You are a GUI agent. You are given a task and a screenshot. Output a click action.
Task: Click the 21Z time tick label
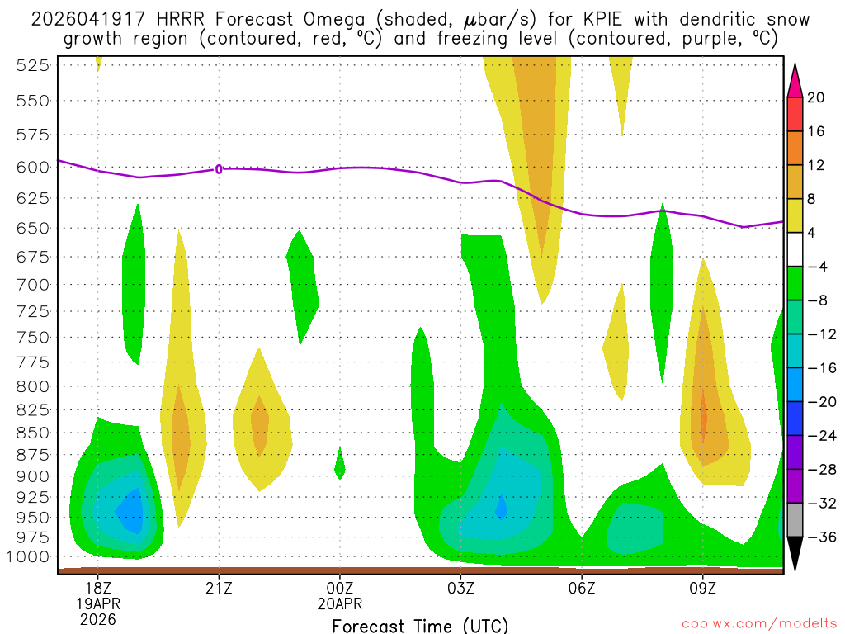point(219,588)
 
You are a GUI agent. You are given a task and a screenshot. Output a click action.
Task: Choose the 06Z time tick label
point(582,588)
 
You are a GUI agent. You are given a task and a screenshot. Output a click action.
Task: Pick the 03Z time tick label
point(460,588)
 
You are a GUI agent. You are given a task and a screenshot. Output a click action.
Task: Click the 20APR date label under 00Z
point(340,603)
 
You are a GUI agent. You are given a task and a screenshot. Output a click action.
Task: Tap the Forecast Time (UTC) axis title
point(420,625)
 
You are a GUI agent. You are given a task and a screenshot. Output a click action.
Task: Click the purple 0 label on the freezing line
point(219,169)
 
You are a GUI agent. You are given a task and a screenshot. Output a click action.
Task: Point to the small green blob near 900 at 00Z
point(339,465)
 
